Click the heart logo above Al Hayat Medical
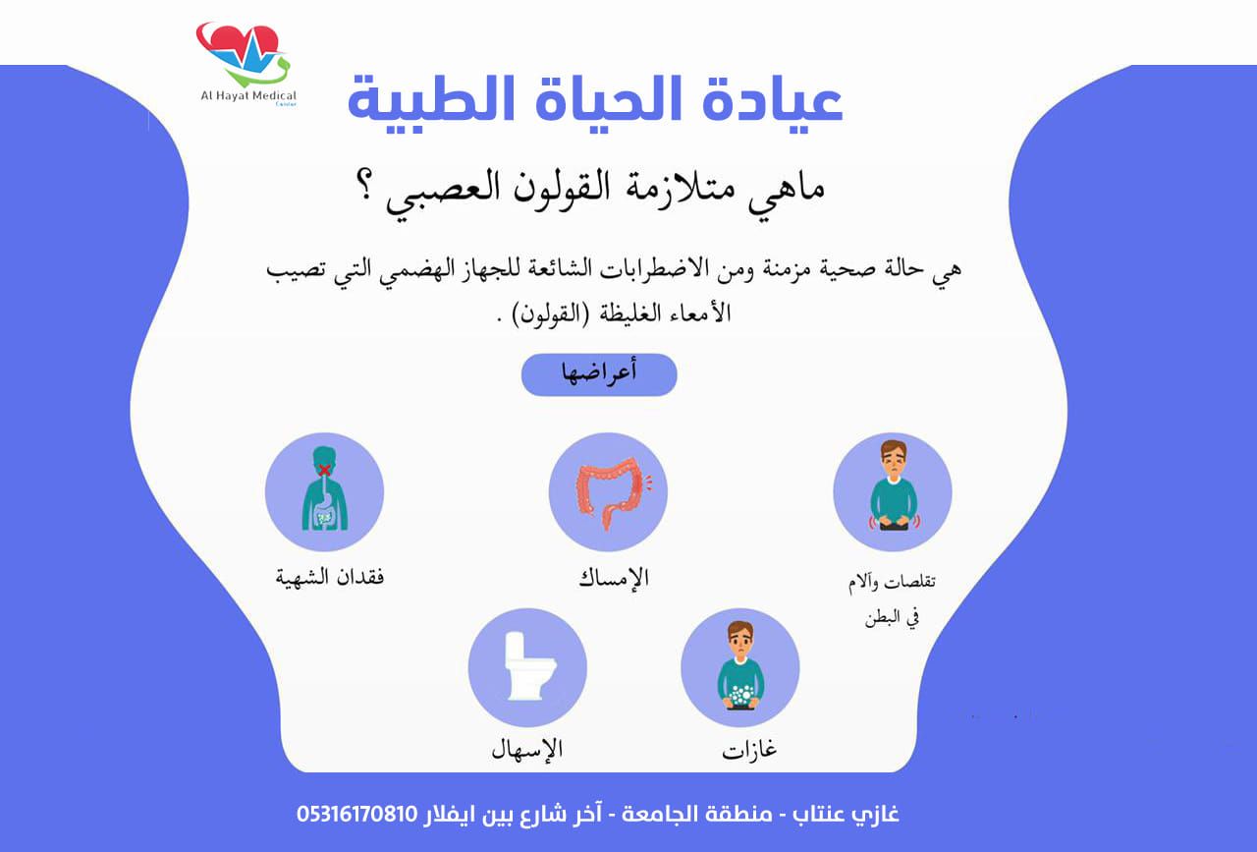pyautogui.click(x=243, y=53)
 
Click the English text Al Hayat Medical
pyautogui.click(x=248, y=96)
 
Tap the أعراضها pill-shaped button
pyautogui.click(x=599, y=374)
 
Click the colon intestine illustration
pyautogui.click(x=612, y=492)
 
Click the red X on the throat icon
pyautogui.click(x=324, y=469)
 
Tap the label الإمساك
pyautogui.click(x=614, y=578)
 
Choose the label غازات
pyautogui.click(x=749, y=749)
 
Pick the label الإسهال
pyautogui.click(x=527, y=748)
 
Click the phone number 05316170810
pyautogui.click(x=357, y=814)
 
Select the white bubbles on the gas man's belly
pyautogui.click(x=740, y=695)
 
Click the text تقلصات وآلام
pyautogui.click(x=892, y=583)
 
